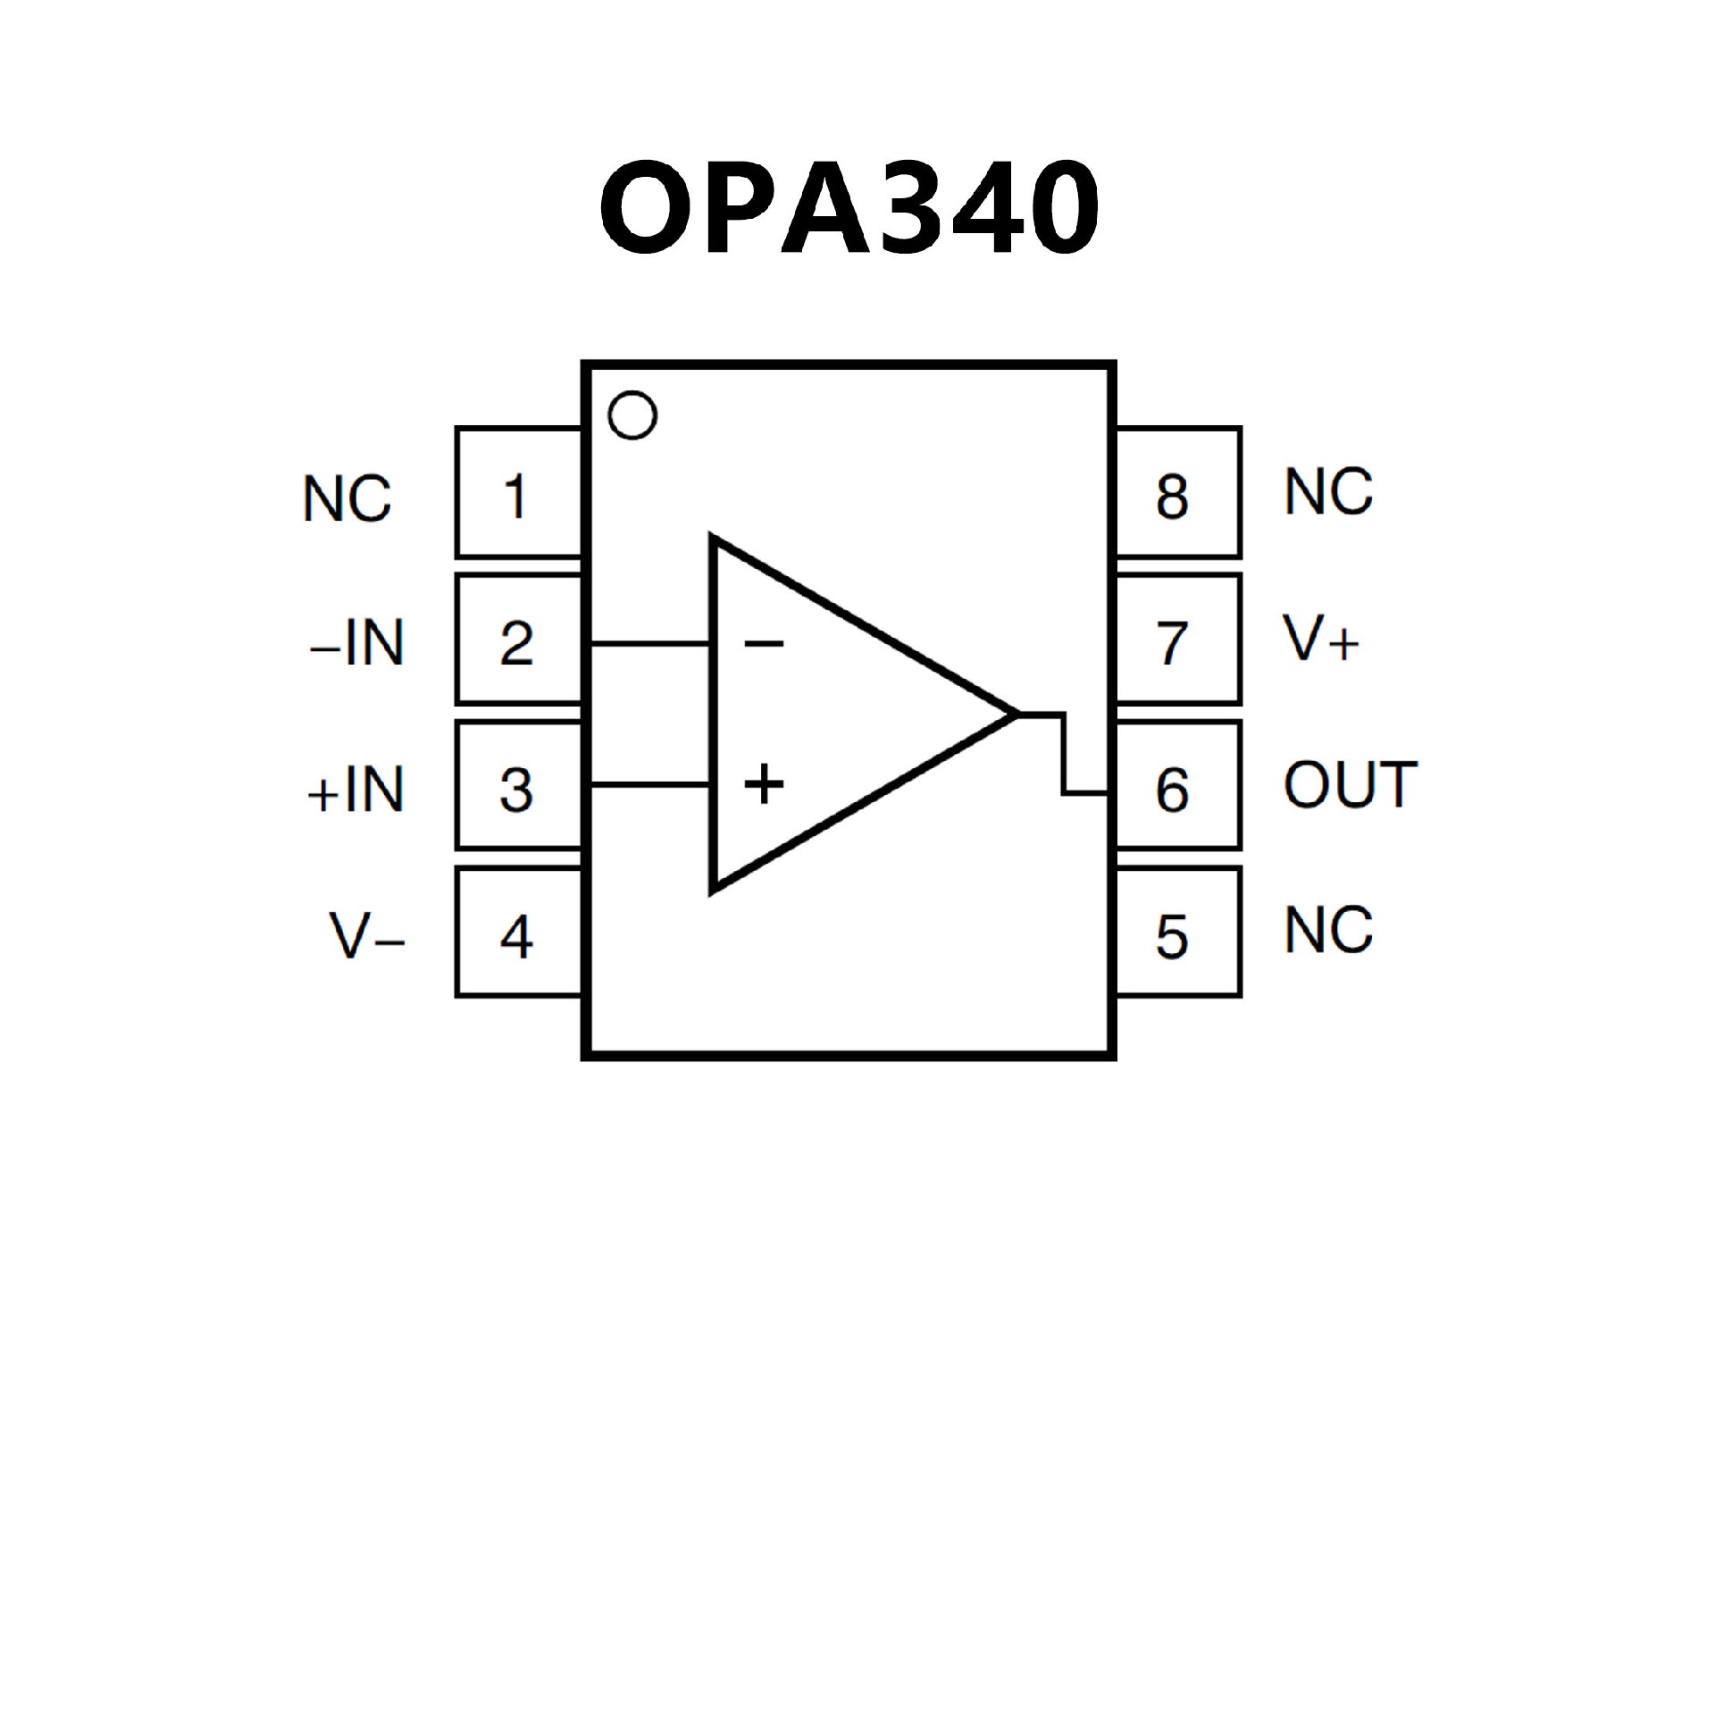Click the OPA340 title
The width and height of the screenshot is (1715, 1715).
(849, 207)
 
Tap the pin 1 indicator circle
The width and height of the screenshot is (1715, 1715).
(632, 415)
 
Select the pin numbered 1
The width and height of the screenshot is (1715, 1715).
(518, 494)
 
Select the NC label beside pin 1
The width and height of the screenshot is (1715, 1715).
(347, 498)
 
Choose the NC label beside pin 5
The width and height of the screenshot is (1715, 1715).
(1328, 930)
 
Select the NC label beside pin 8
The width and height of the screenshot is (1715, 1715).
(1328, 491)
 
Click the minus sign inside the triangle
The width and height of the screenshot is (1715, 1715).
(764, 642)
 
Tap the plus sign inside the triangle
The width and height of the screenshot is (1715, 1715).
(764, 784)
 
